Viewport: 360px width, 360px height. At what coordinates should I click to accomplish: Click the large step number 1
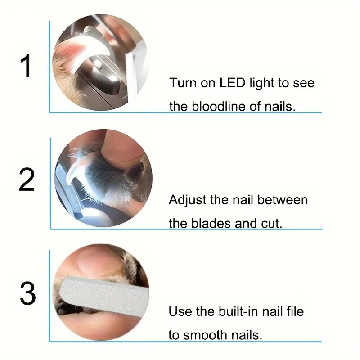pos(26,66)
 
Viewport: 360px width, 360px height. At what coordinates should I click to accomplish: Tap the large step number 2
pos(27,180)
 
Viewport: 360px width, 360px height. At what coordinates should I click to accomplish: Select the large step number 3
pos(28,293)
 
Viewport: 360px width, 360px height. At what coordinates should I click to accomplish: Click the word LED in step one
pos(232,83)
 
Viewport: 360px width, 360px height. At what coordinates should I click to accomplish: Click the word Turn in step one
pos(183,83)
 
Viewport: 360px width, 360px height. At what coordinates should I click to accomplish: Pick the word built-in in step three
pos(238,311)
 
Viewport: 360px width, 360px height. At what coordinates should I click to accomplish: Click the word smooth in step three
pos(206,335)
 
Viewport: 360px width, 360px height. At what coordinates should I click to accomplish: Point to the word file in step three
pos(295,311)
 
